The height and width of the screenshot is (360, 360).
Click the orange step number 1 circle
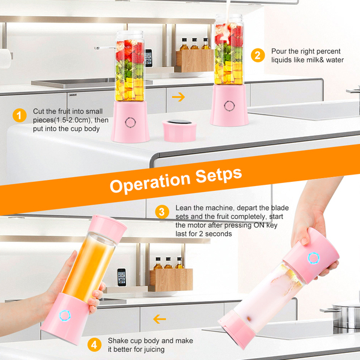(20, 115)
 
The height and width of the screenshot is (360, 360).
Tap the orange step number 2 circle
(257, 55)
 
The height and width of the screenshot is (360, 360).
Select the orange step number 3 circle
(162, 212)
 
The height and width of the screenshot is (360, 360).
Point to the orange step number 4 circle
(94, 344)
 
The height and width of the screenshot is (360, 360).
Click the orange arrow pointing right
(178, 97)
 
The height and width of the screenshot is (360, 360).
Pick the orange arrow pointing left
(160, 319)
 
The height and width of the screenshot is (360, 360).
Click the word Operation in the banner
(150, 182)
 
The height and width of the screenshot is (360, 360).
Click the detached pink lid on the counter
(179, 130)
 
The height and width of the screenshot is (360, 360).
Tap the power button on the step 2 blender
(229, 106)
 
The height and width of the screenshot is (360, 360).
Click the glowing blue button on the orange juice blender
(65, 316)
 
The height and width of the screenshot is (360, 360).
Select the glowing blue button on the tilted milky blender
(314, 258)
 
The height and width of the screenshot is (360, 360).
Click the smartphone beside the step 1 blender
(149, 58)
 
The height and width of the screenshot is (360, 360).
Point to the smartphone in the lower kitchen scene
(122, 277)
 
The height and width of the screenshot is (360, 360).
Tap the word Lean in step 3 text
(184, 208)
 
